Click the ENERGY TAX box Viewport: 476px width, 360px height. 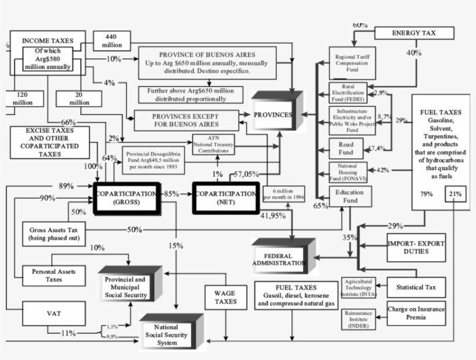tap(414, 33)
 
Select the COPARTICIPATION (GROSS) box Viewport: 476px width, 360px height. tap(127, 197)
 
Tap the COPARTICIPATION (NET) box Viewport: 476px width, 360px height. tap(225, 197)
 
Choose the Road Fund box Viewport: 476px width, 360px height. tap(346, 149)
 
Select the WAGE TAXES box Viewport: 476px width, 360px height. tap(225, 297)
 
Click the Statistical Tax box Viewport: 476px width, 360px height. tap(416, 287)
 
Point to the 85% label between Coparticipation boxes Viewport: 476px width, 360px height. tap(171, 193)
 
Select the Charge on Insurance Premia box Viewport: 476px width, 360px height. tap(416, 314)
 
